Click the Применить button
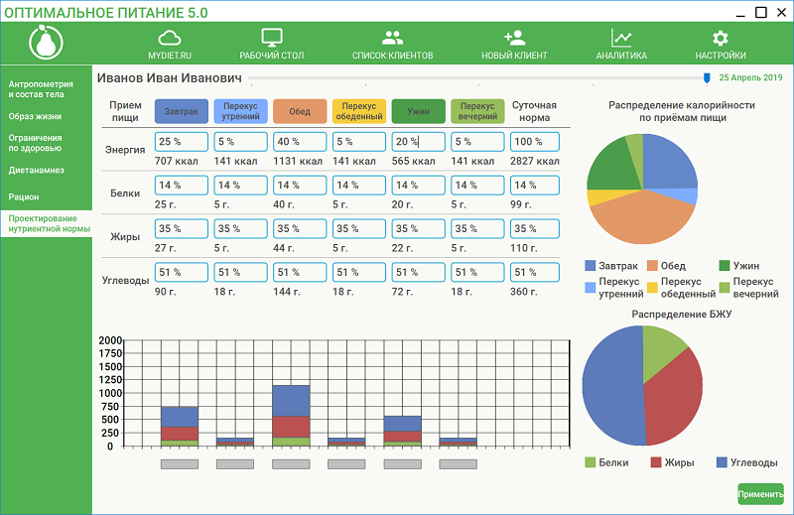(760, 493)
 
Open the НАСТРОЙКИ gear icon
(721, 38)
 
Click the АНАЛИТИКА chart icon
(622, 38)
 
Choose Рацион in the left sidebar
(24, 196)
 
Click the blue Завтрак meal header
(181, 111)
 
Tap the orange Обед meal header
(300, 111)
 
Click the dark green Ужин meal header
(418, 111)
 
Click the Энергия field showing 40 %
(300, 142)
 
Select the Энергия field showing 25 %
(181, 142)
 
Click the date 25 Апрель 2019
(750, 77)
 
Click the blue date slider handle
(707, 77)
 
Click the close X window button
(781, 13)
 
